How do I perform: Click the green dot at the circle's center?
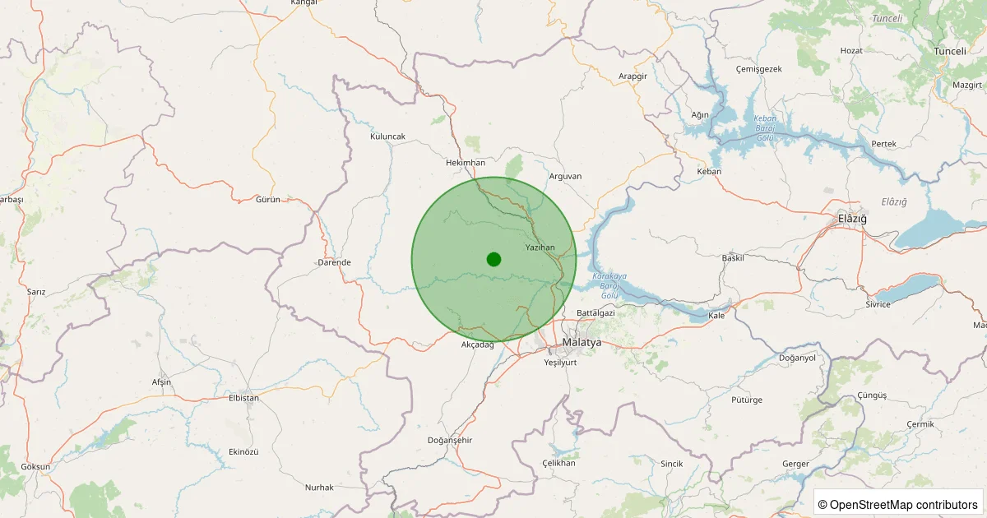coord(493,259)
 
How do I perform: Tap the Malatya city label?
coord(582,342)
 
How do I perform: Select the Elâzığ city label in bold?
coord(847,218)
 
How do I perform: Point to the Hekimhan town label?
coord(465,163)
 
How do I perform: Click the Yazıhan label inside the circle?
coord(540,247)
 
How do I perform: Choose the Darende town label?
coord(334,262)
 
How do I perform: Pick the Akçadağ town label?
coord(477,345)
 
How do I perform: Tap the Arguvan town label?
coord(565,176)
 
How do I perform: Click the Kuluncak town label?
coord(387,136)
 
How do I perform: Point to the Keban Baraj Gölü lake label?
coord(765,128)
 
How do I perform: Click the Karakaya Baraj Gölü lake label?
coord(609,284)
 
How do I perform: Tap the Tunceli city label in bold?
coord(949,51)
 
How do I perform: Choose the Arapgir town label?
coord(633,76)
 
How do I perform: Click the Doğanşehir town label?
coord(450,441)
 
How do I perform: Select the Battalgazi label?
coord(595,313)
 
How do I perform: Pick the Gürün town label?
coord(268,200)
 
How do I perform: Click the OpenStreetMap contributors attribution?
coord(899,504)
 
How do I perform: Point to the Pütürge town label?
coord(747,400)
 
